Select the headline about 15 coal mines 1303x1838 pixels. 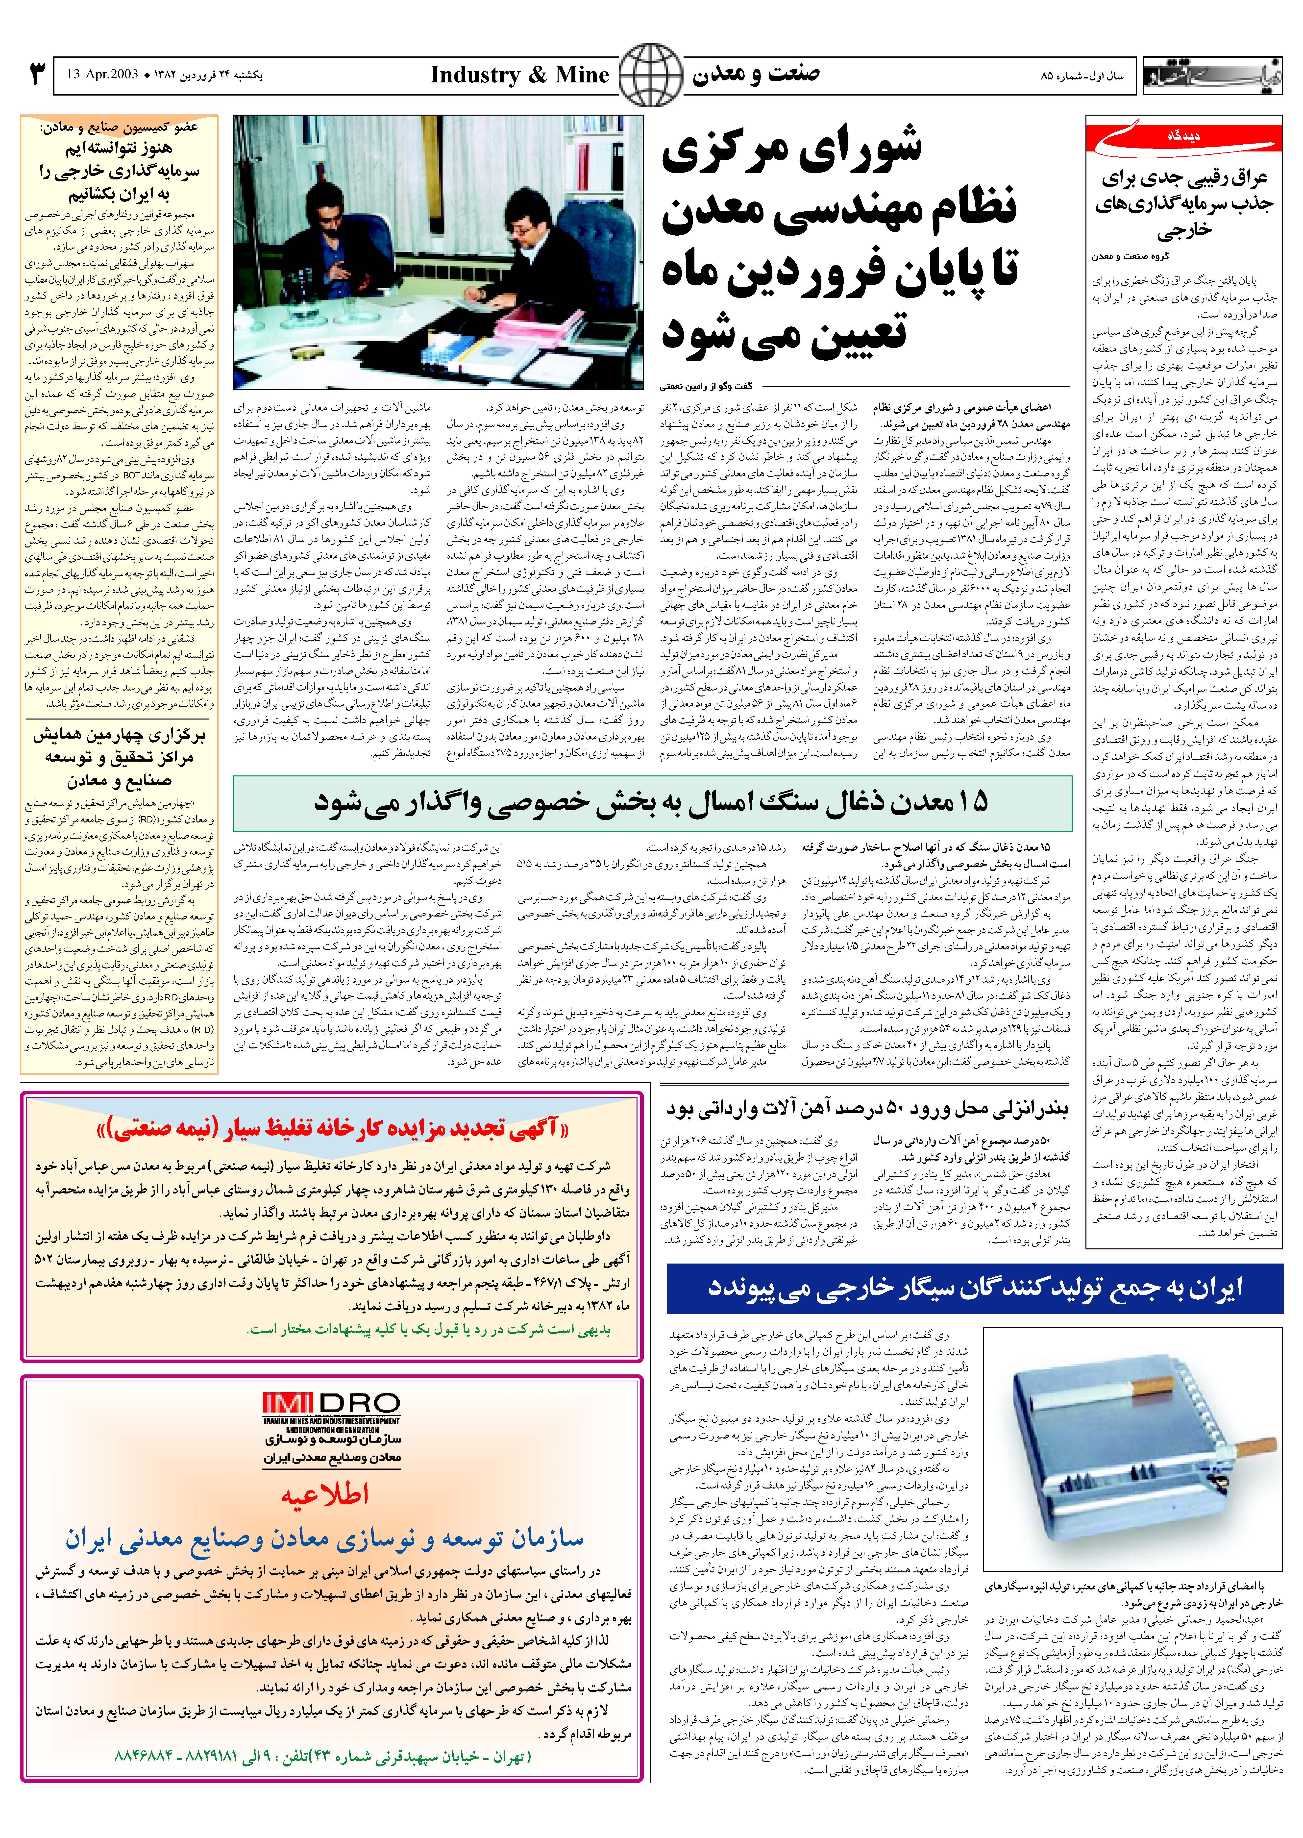651,802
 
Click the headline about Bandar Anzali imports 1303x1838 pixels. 867,1110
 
